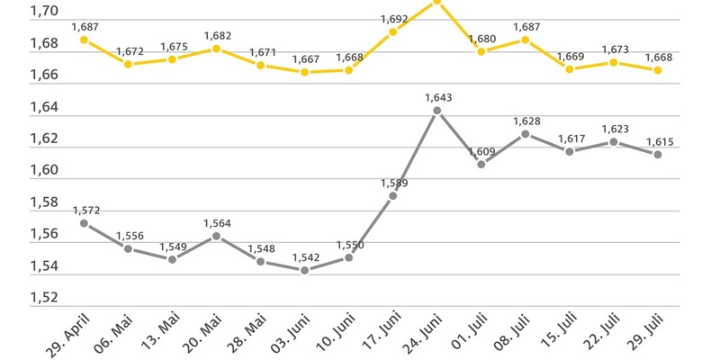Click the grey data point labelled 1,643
[x=437, y=111]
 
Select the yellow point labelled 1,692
[x=393, y=32]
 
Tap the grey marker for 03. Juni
[x=304, y=270]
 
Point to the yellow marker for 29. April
[x=84, y=40]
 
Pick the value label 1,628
[x=526, y=121]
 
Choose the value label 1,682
[x=217, y=35]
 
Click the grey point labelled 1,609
[x=481, y=164]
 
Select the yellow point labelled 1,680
[x=481, y=51]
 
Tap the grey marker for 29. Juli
[x=658, y=155]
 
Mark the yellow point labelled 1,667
[x=304, y=72]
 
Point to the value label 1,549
[x=172, y=246]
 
